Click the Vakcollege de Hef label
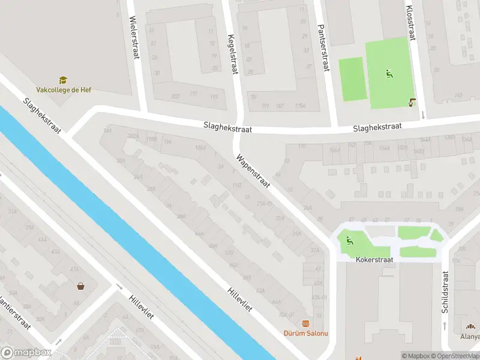coord(64,90)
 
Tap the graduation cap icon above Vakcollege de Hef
coord(63,80)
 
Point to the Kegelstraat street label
coord(232,54)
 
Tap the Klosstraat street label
coord(411,24)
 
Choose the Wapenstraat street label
coord(253,174)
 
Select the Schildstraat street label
coord(445,292)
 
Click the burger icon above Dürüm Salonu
coord(306,323)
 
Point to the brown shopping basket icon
coord(80,286)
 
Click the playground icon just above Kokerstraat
coord(349,242)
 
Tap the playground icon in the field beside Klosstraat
coord(389,74)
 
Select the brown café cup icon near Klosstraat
coord(412,102)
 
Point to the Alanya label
coord(470,337)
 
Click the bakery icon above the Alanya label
coord(471,327)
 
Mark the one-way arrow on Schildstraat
coord(445,326)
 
